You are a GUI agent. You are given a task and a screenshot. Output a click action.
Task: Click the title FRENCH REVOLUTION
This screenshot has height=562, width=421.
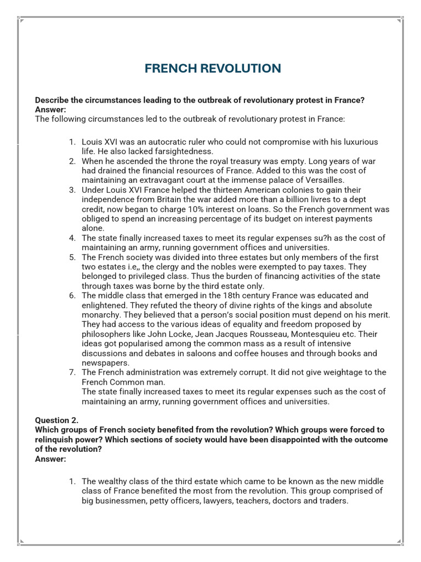[213, 69]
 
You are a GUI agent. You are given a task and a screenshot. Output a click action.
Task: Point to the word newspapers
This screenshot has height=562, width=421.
[105, 363]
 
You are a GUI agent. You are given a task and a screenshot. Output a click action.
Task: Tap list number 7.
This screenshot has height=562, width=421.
[72, 372]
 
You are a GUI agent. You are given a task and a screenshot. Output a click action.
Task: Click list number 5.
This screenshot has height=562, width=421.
[72, 257]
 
